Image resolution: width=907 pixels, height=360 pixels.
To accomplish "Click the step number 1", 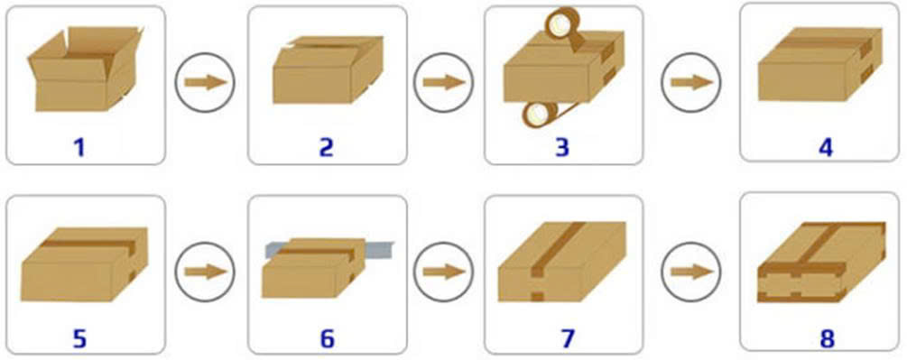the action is pyautogui.click(x=79, y=147).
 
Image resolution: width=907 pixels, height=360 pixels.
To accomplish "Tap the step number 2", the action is pyautogui.click(x=326, y=147).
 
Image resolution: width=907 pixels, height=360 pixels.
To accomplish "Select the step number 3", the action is pyautogui.click(x=561, y=147).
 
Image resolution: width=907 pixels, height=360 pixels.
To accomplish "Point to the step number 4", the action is pyautogui.click(x=825, y=147).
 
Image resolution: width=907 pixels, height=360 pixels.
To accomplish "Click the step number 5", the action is pyautogui.click(x=79, y=339).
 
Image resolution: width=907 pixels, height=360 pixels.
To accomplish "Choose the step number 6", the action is pyautogui.click(x=327, y=339).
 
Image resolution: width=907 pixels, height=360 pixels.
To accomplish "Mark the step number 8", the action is pyautogui.click(x=828, y=339).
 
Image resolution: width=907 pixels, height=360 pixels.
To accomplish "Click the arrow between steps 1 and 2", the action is pyautogui.click(x=206, y=83).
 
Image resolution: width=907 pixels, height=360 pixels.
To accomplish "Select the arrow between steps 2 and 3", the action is pyautogui.click(x=444, y=83).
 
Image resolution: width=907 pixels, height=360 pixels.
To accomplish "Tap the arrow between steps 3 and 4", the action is pyautogui.click(x=692, y=83).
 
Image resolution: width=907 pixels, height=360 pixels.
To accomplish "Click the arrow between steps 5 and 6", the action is pyautogui.click(x=206, y=272).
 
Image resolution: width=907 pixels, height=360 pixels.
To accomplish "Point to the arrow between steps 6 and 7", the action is pyautogui.click(x=444, y=272).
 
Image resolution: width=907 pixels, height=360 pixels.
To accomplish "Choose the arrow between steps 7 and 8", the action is pyautogui.click(x=692, y=272).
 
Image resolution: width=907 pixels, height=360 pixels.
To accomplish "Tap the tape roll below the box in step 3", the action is pyautogui.click(x=539, y=114).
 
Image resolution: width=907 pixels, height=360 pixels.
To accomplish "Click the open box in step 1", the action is pyautogui.click(x=85, y=69).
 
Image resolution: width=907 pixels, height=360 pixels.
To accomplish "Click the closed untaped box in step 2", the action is pyautogui.click(x=328, y=69).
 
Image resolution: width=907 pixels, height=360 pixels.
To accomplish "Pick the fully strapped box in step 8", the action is pyautogui.click(x=821, y=263).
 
